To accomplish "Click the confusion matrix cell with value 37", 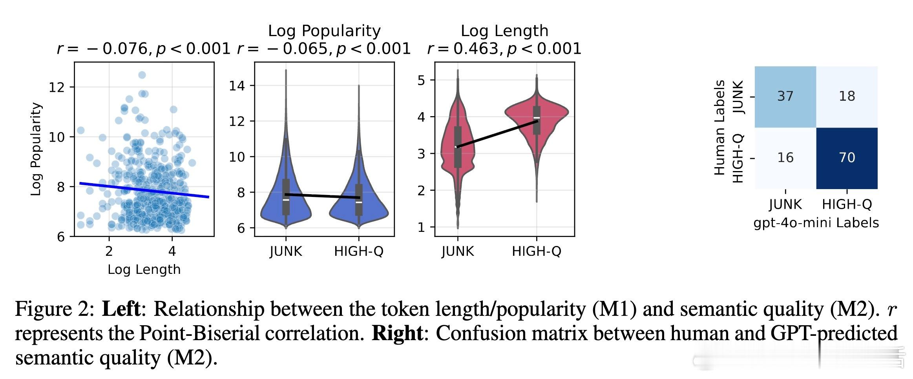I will point(785,97).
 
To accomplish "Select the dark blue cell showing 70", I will point(847,158).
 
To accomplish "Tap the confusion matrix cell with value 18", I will point(847,97).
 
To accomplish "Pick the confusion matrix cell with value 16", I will point(785,158).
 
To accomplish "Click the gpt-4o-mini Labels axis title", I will point(816,223).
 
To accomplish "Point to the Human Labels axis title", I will point(719,128).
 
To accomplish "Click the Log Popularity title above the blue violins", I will point(324,31).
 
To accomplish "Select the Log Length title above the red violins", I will point(504,31).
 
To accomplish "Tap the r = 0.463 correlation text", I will point(504,49).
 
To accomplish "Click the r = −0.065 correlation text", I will point(324,49).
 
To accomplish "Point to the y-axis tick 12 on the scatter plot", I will point(56,87).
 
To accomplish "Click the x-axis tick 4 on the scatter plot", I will point(172,251).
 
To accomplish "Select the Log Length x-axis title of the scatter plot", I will point(144,270).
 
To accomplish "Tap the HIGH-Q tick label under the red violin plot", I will point(537,251).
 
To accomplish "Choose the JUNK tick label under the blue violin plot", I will point(286,251).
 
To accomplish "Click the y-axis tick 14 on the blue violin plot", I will point(237,86).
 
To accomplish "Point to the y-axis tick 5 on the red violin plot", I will point(421,80).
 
